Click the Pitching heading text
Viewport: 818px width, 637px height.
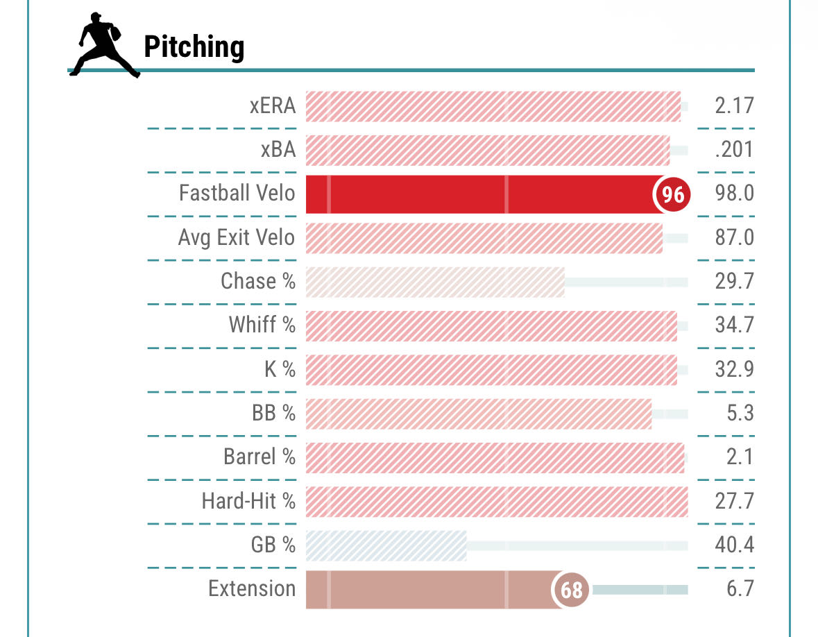[194, 47]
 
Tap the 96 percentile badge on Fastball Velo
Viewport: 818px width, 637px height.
[672, 194]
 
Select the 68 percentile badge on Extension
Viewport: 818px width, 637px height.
[571, 591]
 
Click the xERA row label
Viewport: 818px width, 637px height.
[273, 106]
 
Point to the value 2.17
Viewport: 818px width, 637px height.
[734, 106]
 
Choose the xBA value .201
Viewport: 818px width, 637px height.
[734, 150]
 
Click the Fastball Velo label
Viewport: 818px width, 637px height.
[237, 193]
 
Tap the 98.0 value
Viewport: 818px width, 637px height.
[734, 194]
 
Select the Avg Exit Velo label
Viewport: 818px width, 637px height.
[237, 237]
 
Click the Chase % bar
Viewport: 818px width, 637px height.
[435, 282]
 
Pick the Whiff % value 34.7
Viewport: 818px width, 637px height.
[734, 325]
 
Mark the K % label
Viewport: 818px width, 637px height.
[280, 369]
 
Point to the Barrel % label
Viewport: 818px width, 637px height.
[259, 457]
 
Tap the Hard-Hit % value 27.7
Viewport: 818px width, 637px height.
[734, 500]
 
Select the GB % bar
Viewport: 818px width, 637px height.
[386, 545]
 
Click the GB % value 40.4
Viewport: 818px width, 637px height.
[734, 545]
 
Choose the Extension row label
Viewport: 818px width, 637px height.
[252, 588]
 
